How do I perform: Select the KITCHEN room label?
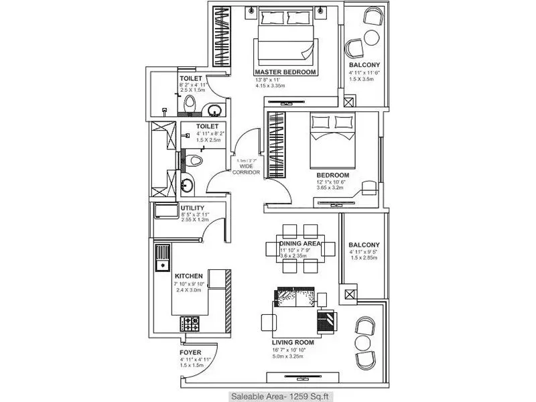pos(189,275)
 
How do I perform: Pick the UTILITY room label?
pos(192,208)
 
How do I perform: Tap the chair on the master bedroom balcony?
pos(355,47)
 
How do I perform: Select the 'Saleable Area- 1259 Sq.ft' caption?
pos(268,395)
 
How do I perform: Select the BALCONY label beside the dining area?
pos(364,245)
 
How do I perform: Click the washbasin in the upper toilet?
pos(213,111)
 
